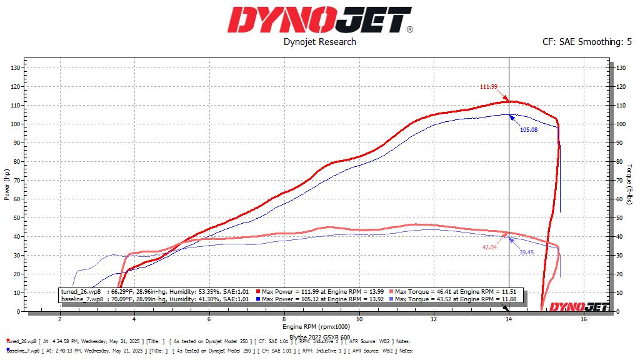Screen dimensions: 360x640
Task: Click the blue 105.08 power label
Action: pos(529,130)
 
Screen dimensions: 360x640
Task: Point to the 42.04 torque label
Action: pos(489,247)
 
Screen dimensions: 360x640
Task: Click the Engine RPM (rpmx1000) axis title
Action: pos(316,327)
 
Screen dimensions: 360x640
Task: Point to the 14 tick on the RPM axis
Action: pos(509,319)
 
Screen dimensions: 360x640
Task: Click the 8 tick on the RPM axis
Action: pos(284,319)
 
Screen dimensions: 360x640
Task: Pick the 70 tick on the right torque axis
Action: pos(620,180)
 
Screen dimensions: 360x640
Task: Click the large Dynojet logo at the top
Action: pos(319,20)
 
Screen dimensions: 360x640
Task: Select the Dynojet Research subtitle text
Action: pos(319,42)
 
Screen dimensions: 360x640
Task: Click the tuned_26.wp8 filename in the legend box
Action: pos(81,291)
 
